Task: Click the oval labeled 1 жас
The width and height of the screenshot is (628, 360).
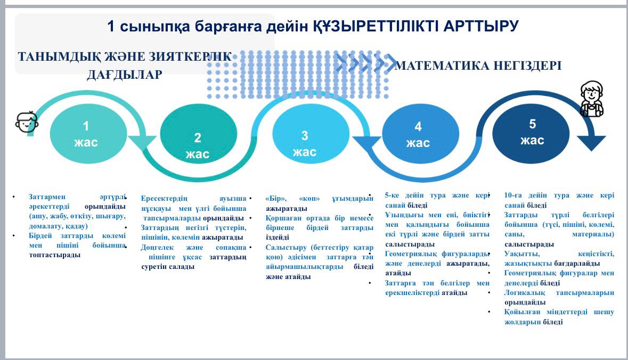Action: (88, 133)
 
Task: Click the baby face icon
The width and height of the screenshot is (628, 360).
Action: (27, 122)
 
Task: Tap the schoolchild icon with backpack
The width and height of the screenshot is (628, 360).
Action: (592, 99)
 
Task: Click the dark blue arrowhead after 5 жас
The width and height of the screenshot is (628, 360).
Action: (591, 143)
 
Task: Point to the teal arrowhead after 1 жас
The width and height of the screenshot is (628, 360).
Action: (142, 143)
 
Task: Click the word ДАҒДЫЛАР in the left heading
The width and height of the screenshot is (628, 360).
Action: (125, 75)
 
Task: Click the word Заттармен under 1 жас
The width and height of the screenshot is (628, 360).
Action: (47, 197)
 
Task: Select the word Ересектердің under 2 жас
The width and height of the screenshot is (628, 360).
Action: (164, 198)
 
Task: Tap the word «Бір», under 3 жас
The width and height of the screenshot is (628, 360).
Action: (276, 198)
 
